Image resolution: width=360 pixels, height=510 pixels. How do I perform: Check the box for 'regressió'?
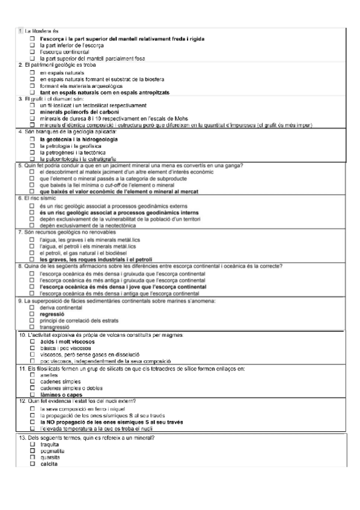(x=32, y=313)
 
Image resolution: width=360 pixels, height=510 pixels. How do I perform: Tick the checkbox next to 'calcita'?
(x=32, y=464)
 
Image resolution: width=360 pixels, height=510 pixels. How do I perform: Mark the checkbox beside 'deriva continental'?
(x=32, y=307)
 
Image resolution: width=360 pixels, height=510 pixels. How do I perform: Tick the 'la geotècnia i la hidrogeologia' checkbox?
(x=32, y=139)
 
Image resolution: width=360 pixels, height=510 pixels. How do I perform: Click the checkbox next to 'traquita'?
(x=32, y=444)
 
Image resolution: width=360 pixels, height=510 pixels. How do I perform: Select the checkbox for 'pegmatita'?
(x=32, y=450)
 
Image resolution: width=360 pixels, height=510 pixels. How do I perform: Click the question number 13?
(x=22, y=437)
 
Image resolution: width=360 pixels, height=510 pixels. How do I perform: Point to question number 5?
(x=20, y=165)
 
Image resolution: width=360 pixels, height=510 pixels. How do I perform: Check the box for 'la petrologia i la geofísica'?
(x=32, y=146)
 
